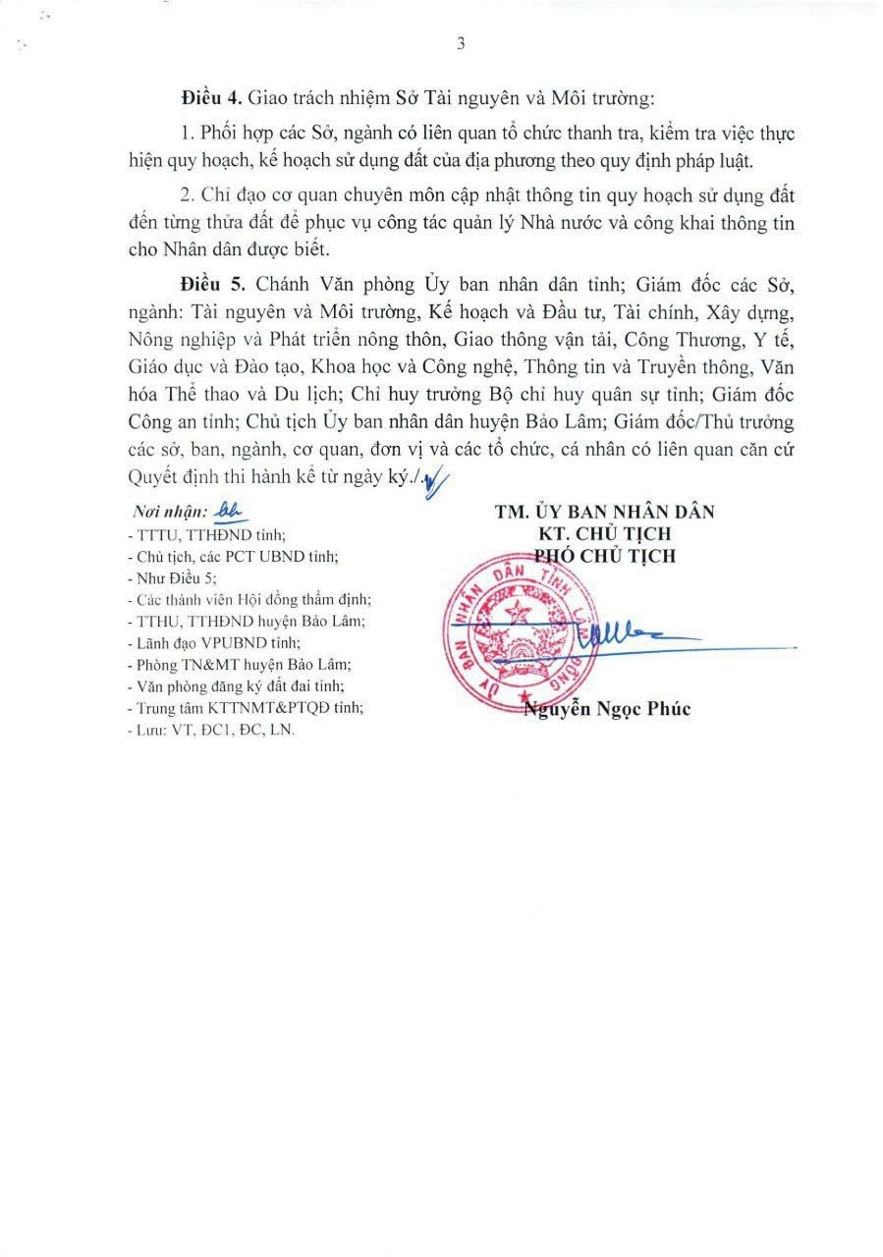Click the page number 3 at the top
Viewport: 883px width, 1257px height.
point(460,43)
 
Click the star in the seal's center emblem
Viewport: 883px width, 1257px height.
point(518,616)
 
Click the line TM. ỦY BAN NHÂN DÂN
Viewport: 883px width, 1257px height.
point(605,512)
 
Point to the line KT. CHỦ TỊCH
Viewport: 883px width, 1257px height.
point(605,533)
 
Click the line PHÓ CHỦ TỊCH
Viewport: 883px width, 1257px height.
point(605,555)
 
